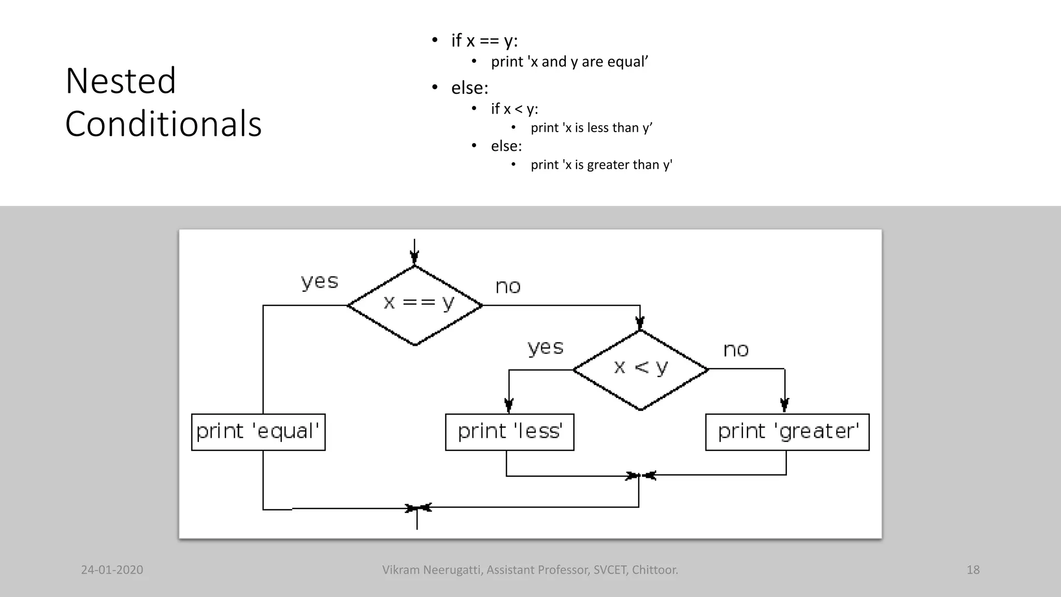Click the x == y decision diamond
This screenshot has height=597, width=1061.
click(415, 305)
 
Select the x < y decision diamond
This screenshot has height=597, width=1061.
click(641, 369)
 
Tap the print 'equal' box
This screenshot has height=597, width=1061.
click(258, 432)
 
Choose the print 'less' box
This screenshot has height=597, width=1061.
click(509, 432)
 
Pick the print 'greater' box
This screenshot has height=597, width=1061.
click(787, 432)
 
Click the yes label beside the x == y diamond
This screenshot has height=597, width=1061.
click(320, 281)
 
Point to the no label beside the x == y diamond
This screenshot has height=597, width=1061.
click(508, 287)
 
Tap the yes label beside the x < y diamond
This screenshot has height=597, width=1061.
click(546, 347)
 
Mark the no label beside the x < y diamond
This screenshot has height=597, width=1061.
click(736, 350)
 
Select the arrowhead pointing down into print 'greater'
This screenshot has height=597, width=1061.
click(784, 405)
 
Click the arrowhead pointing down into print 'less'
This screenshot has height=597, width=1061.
click(509, 405)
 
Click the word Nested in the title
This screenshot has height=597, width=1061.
click(121, 81)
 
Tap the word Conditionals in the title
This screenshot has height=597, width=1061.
click(163, 124)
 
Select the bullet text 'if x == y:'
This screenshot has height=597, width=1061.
click(484, 40)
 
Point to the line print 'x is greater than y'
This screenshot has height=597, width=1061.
click(601, 165)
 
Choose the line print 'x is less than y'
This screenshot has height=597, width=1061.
click(591, 128)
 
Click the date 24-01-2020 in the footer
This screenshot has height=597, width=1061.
click(112, 570)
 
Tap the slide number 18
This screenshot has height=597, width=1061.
click(973, 570)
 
